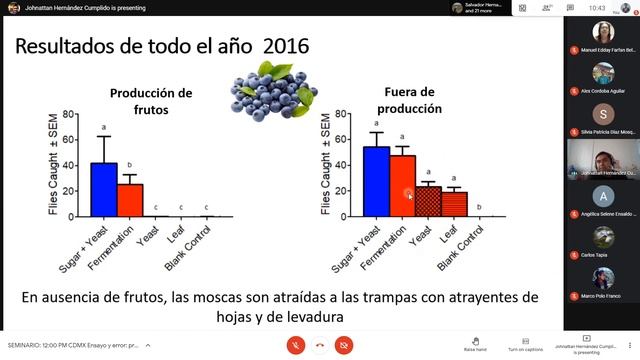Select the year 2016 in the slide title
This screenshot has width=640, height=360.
point(283,46)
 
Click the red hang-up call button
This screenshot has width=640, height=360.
point(320,344)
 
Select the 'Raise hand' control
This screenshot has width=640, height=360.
point(475,341)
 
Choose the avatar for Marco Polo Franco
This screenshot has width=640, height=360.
point(603,275)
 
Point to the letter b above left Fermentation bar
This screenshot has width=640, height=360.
point(129,164)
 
